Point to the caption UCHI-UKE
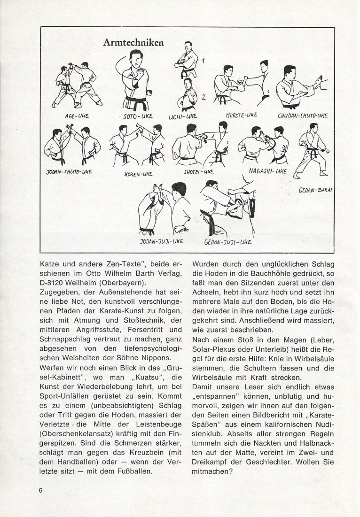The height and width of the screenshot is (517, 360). click(179, 115)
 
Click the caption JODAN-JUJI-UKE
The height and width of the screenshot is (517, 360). click(161, 242)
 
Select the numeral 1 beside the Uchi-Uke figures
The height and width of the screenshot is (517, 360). click(203, 60)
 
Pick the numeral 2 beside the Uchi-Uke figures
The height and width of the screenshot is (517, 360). click(203, 97)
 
